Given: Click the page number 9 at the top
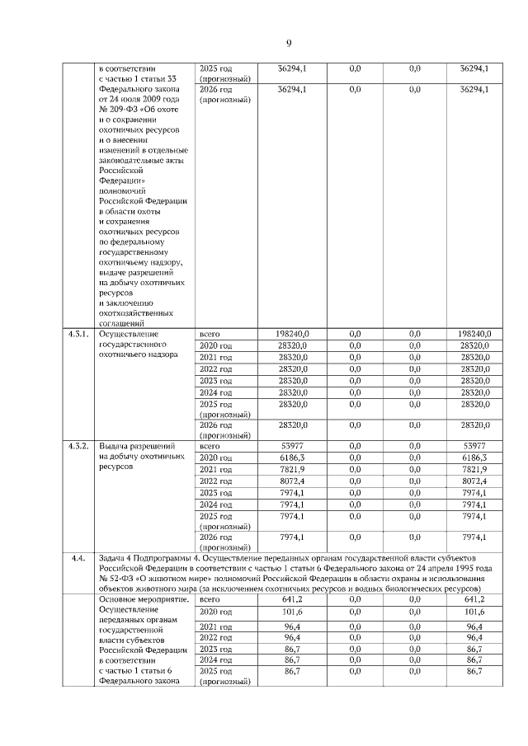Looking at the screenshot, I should pos(289,43).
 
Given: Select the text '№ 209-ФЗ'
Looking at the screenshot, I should pos(119,110).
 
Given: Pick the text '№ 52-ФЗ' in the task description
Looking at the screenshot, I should pos(115,579).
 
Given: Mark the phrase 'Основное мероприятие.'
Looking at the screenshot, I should pos(144,599).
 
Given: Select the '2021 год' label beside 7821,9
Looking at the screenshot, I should pos(215,468).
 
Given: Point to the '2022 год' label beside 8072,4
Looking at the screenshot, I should pos(215,480).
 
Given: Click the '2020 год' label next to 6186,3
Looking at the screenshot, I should pos(215,457).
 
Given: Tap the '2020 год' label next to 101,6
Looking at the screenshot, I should pos(215,612).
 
